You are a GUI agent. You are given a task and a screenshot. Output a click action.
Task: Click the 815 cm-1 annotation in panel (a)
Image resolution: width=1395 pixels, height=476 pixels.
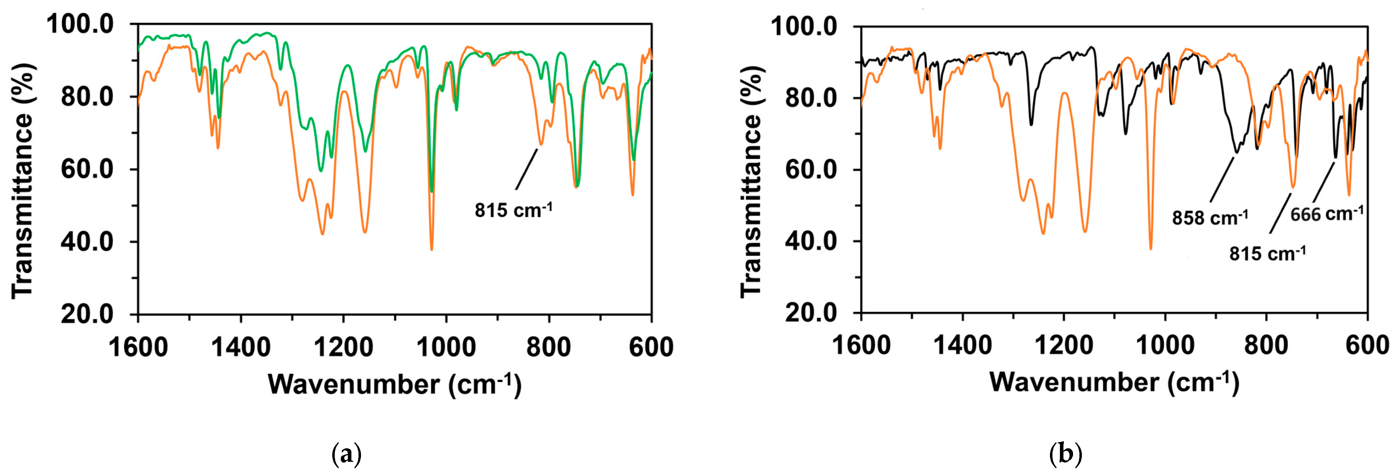click(513, 210)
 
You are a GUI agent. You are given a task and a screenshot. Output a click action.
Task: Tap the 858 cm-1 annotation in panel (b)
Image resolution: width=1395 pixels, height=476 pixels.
click(1210, 218)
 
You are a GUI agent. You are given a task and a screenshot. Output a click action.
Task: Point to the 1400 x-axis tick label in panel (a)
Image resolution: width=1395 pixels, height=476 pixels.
click(240, 347)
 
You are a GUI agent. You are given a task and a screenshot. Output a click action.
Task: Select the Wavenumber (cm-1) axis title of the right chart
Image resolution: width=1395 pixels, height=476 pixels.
click(1114, 382)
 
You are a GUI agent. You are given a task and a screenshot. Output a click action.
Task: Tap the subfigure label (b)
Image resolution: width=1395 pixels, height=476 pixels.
click(1065, 454)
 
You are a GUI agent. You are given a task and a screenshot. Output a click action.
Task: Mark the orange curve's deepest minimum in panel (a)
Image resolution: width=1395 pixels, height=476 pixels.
click(432, 249)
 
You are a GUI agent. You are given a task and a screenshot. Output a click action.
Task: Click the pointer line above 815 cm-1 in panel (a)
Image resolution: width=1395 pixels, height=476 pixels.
click(526, 170)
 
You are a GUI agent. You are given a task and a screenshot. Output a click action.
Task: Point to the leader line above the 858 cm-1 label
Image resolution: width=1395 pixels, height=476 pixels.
click(1222, 179)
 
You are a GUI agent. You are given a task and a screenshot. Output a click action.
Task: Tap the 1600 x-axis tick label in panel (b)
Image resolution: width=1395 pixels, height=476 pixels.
click(861, 345)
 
